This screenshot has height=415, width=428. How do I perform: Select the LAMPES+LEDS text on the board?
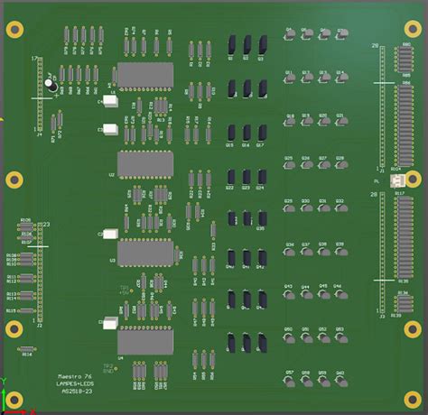pos(77,383)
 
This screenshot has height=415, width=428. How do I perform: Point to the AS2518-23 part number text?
pos(76,392)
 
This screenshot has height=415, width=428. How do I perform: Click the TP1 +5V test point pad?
pos(129,292)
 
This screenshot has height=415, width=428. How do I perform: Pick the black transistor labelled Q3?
pos(263,43)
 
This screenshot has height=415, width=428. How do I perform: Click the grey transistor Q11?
pos(290,78)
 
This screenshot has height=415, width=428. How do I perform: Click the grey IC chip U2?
pos(145,164)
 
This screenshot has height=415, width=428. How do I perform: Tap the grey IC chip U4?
pos(145,343)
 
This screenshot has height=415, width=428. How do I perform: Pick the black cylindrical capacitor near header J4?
pos(52,87)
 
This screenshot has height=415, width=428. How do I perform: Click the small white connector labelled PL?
pos(397,181)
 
